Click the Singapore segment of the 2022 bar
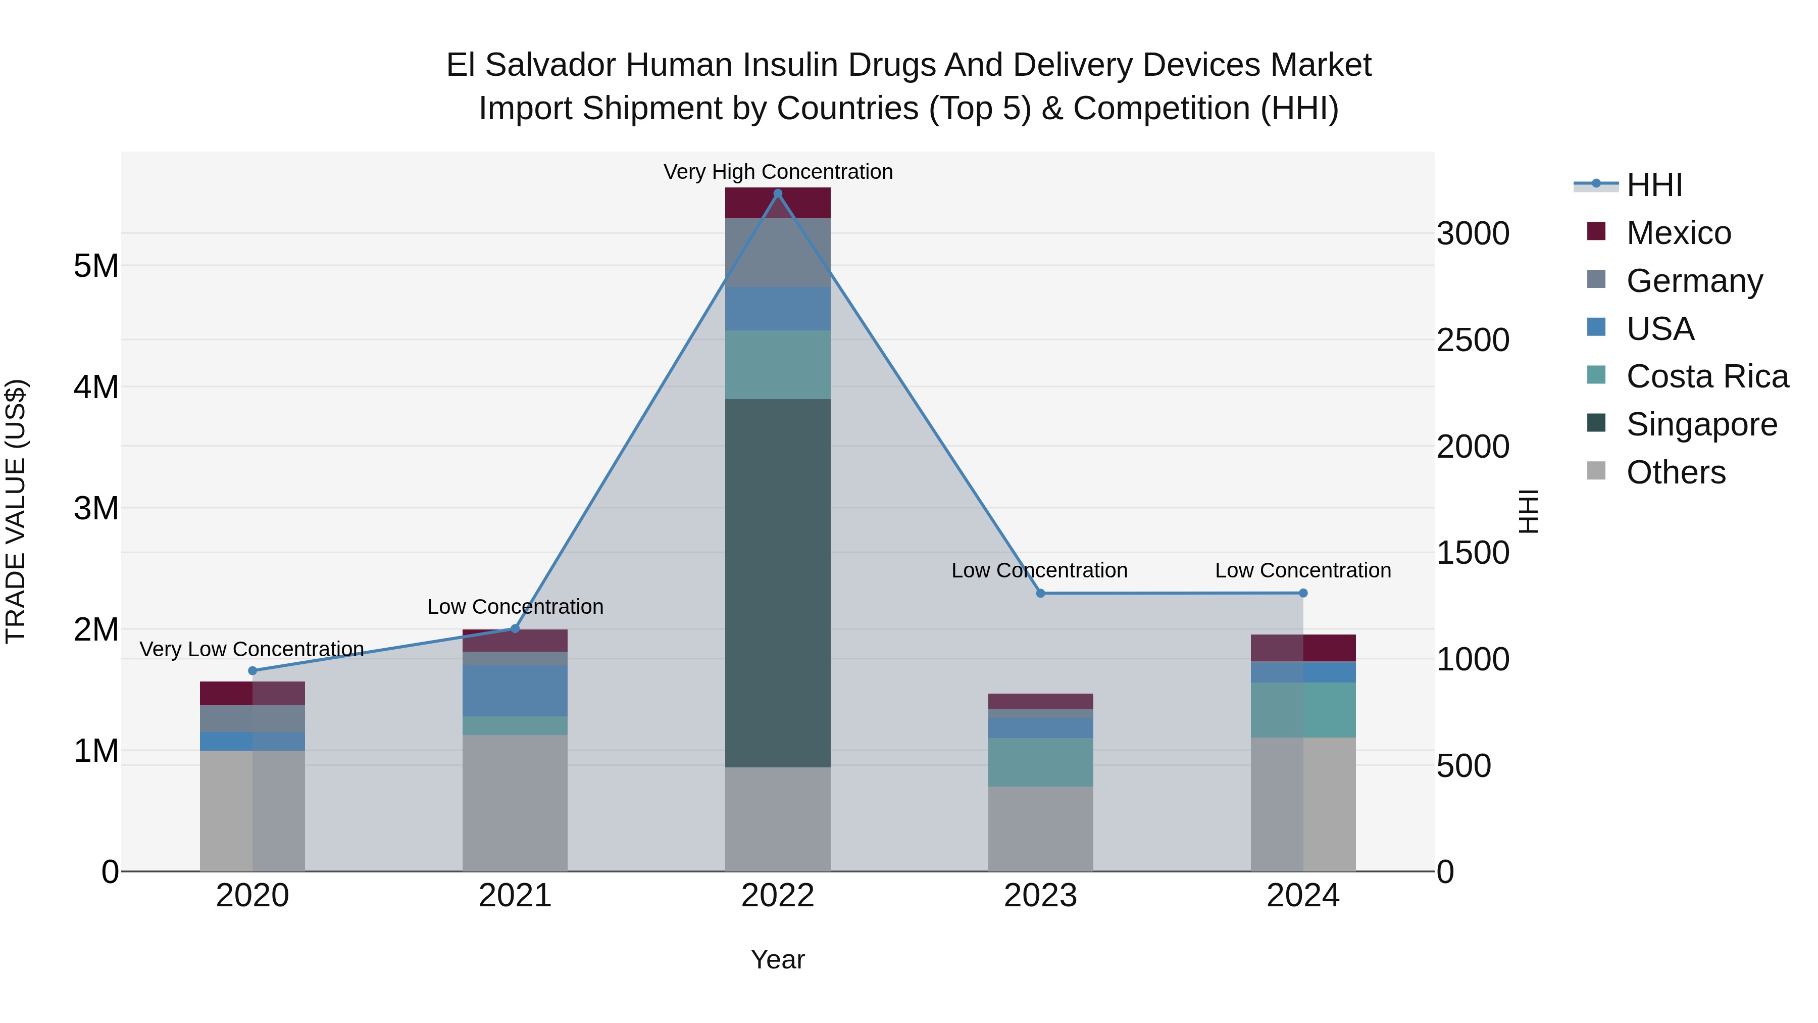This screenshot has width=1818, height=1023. pyautogui.click(x=778, y=582)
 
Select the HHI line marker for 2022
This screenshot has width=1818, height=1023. pyautogui.click(x=778, y=193)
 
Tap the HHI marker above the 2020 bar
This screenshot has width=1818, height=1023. pyautogui.click(x=252, y=671)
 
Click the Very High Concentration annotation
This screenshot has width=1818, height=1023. pyautogui.click(x=778, y=172)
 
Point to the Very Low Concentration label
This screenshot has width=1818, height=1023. pyautogui.click(x=252, y=649)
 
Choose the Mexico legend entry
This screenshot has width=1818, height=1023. pyautogui.click(x=1678, y=233)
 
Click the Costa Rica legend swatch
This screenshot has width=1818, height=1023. pyautogui.click(x=1596, y=375)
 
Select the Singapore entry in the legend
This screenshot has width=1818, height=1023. pyautogui.click(x=1701, y=424)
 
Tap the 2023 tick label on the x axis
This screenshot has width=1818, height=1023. pyautogui.click(x=1040, y=896)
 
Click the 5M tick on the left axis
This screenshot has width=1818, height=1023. pyautogui.click(x=96, y=266)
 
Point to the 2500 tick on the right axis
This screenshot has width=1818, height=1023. pyautogui.click(x=1473, y=340)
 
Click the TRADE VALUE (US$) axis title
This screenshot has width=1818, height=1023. pyautogui.click(x=16, y=511)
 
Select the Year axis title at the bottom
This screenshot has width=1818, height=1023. pyautogui.click(x=778, y=959)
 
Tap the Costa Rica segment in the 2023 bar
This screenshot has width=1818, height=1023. pyautogui.click(x=1040, y=762)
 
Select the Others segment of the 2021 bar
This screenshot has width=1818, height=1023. pyautogui.click(x=515, y=803)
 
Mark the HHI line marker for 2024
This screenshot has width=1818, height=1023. pyautogui.click(x=1303, y=593)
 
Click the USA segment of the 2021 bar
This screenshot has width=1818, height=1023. pyautogui.click(x=515, y=691)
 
